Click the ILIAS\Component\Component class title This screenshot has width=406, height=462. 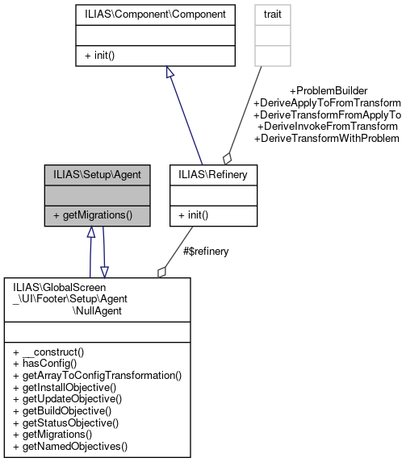click(155, 14)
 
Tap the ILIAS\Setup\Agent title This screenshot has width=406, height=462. click(97, 173)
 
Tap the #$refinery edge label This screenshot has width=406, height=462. click(206, 251)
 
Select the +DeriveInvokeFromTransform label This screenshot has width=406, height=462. click(328, 127)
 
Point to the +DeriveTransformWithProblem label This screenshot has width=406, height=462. click(327, 138)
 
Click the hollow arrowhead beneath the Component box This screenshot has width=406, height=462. click(169, 73)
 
